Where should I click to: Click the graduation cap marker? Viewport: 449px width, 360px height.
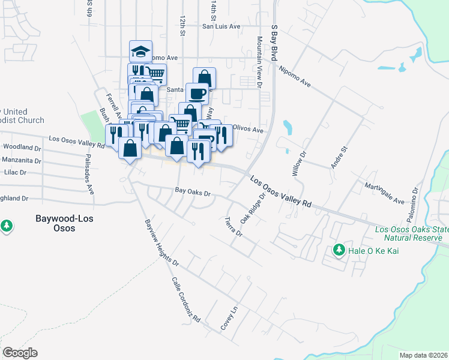pos(140,52)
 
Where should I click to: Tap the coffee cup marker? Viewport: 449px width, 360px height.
pos(197,94)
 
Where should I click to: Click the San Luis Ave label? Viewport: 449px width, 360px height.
pos(221,26)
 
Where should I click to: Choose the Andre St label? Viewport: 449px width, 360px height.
pos(336,157)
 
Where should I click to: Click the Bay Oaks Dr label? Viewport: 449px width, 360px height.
pos(192,193)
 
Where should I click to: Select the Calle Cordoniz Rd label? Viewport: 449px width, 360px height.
pos(185,300)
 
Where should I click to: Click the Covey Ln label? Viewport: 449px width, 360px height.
pos(229,318)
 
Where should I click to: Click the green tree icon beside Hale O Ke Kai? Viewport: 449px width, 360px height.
pos(339,250)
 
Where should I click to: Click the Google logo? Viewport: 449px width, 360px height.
pos(20,353)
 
